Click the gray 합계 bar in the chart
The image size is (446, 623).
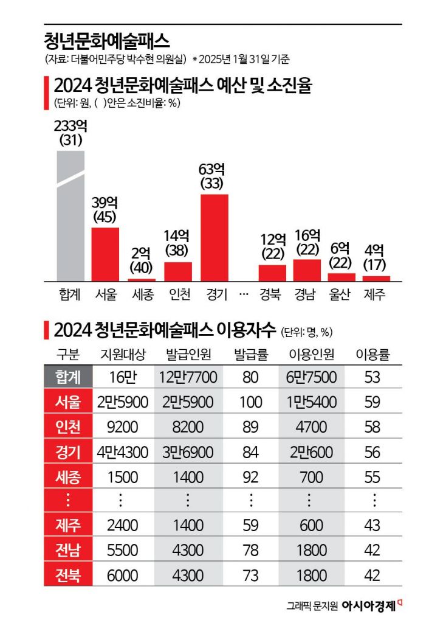coord(70,216)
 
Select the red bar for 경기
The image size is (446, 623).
coord(214,237)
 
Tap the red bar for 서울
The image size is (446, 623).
coord(105,254)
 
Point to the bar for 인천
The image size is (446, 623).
coord(178,271)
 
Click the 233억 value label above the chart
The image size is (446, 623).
coord(71,126)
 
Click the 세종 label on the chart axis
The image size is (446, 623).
coord(143,294)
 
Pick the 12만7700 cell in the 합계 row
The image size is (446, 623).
coord(188,377)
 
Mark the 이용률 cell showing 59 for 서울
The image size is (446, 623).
coord(372,402)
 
